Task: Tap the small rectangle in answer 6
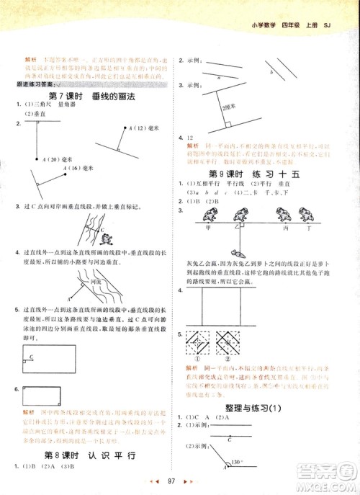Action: tap(42, 396)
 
